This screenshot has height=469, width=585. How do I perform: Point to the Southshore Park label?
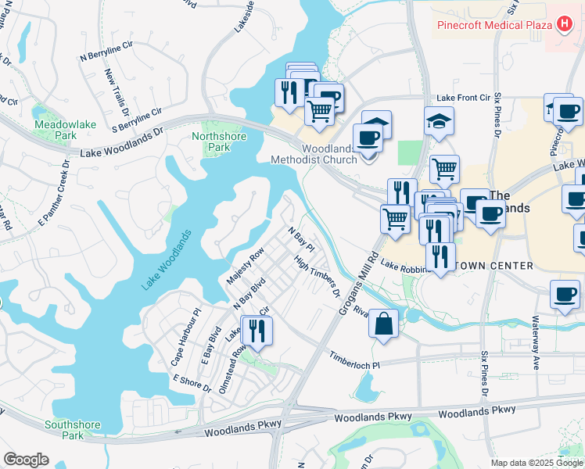pyautogui.click(x=72, y=430)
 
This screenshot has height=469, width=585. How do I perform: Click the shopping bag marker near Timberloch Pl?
pyautogui.click(x=384, y=324)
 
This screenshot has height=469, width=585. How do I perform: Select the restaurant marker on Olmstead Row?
pyautogui.click(x=257, y=331)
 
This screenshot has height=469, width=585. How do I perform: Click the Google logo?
pyautogui.click(x=26, y=460)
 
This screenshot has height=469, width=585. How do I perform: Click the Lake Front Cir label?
pyautogui.click(x=462, y=98)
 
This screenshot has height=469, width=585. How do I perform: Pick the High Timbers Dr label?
pyautogui.click(x=318, y=277)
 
